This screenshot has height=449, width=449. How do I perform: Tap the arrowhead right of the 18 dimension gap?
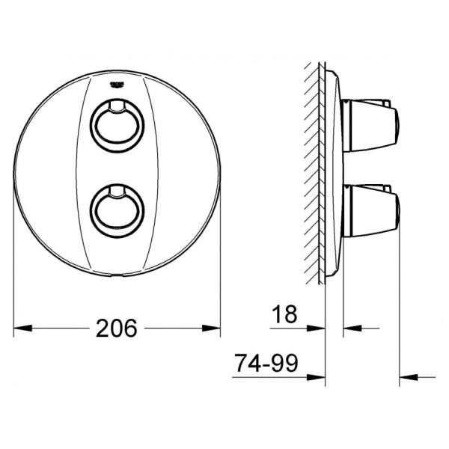pyautogui.click(x=350, y=328)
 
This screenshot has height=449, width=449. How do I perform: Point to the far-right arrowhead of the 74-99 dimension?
pyautogui.click(x=407, y=376)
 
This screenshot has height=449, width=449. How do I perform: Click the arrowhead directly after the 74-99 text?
pyautogui.click(x=319, y=376)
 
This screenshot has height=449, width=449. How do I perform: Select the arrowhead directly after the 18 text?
pyautogui.click(x=319, y=328)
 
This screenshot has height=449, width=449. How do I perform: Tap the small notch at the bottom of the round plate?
pyautogui.click(x=117, y=276)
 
